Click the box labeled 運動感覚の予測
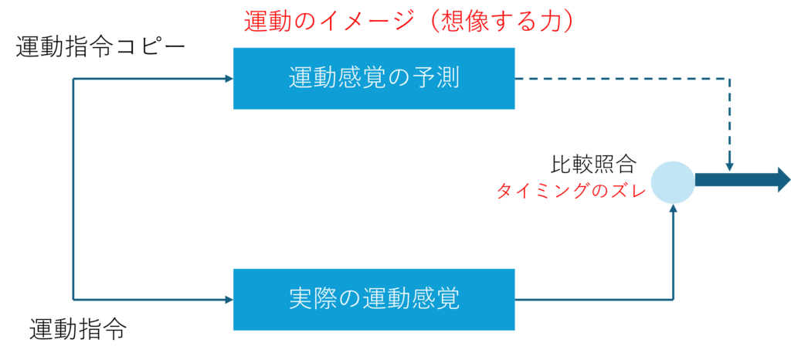click(374, 78)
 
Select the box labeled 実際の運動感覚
click(374, 299)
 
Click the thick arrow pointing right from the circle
click(742, 180)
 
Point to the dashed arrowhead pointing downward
click(729, 166)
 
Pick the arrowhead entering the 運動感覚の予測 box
click(228, 79)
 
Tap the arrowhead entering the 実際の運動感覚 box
click(228, 299)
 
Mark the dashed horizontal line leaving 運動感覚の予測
click(618, 79)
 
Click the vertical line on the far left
click(73, 189)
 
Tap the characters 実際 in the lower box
click(305, 299)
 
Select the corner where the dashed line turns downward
click(729, 80)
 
